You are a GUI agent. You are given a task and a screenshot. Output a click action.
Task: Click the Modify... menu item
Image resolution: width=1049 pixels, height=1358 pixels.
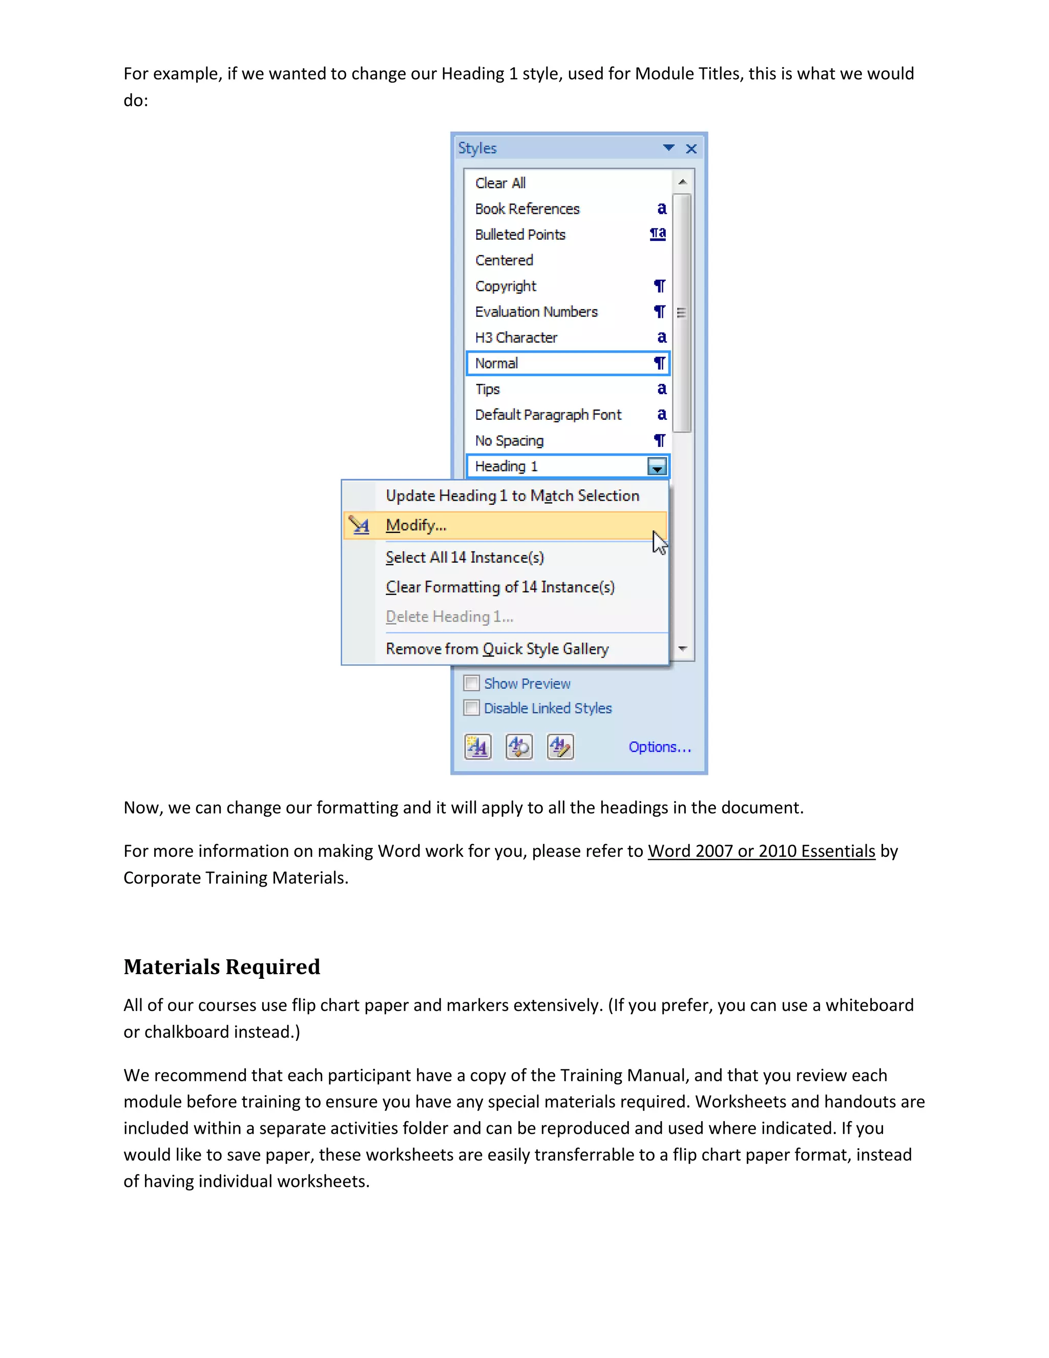416,525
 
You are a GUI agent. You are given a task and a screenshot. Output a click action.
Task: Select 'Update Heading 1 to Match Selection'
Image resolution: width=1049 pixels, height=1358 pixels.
512,496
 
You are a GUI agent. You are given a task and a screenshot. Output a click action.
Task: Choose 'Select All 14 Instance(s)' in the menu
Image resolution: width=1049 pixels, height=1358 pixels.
464,557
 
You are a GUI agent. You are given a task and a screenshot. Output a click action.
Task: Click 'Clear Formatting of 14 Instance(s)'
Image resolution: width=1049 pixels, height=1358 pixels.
499,587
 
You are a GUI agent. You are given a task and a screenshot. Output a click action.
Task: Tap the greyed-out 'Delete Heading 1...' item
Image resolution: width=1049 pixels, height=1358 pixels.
449,617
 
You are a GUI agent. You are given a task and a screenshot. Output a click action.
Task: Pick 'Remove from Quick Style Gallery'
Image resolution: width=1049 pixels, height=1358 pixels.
496,649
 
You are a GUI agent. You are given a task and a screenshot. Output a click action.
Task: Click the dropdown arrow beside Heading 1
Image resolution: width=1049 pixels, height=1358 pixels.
657,466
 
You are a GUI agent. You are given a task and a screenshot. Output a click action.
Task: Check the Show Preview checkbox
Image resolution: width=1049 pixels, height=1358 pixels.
472,683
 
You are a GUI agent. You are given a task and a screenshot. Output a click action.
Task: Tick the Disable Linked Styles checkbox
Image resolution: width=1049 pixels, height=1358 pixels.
472,708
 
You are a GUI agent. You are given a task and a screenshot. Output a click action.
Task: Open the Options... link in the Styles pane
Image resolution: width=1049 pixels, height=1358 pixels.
659,747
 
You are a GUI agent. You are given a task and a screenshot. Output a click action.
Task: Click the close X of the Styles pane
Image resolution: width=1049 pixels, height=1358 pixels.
691,149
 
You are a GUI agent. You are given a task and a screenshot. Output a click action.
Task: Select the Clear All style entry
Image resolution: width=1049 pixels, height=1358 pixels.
500,183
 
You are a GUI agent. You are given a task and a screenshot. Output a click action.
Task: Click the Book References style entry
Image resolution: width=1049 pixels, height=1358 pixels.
527,209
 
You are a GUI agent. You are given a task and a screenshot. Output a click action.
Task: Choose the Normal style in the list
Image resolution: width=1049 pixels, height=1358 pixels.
496,363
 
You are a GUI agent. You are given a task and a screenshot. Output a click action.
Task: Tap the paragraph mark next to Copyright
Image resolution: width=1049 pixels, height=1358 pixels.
659,286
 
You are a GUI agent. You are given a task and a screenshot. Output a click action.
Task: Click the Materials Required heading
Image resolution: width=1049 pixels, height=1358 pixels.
222,967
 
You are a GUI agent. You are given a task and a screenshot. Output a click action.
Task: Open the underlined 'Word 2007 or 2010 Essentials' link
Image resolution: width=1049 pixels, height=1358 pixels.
761,851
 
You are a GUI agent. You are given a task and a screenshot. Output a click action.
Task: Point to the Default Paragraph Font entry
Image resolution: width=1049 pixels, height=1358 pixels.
548,415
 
